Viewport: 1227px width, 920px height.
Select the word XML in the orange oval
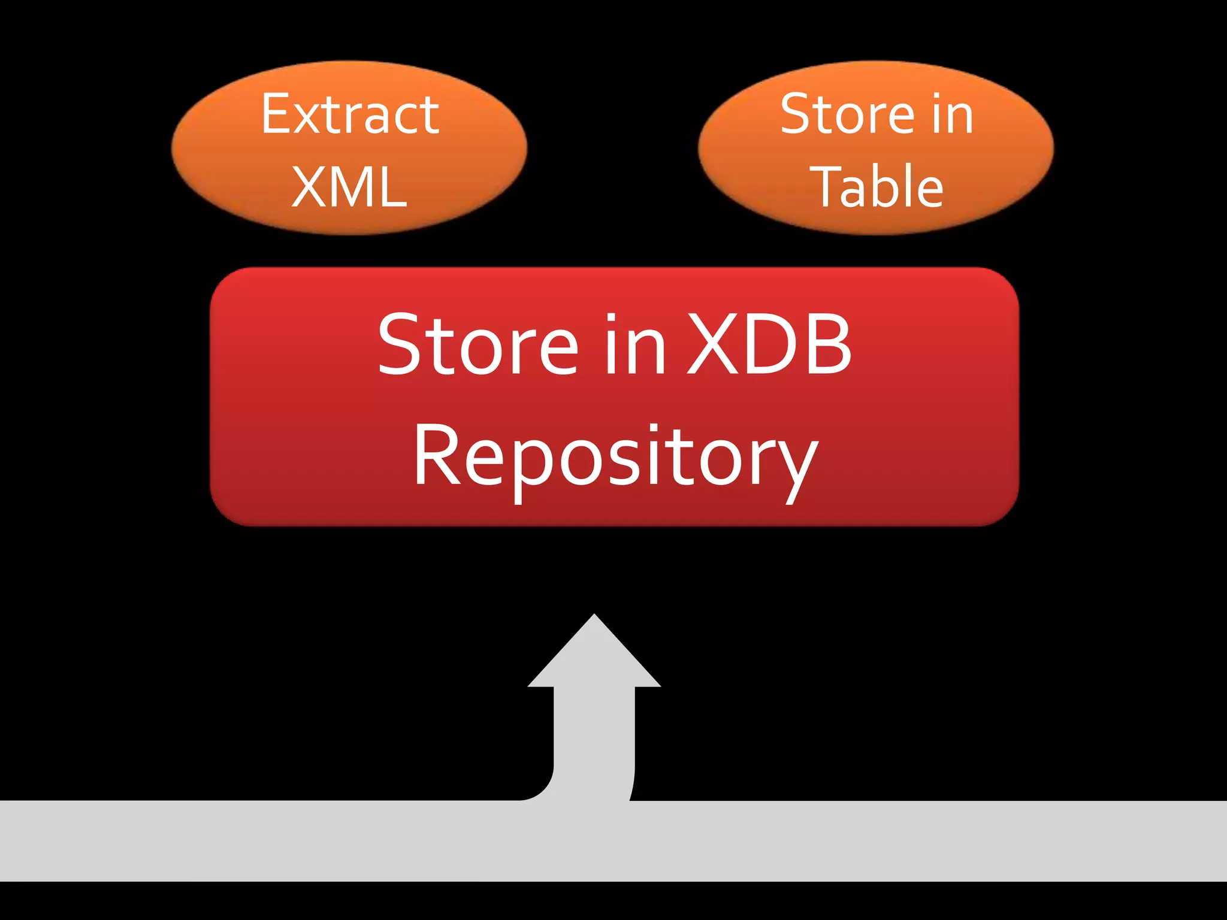(x=349, y=187)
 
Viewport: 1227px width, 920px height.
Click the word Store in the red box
(x=478, y=346)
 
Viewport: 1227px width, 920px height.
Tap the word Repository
(x=615, y=458)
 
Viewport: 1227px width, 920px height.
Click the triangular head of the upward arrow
(x=594, y=656)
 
